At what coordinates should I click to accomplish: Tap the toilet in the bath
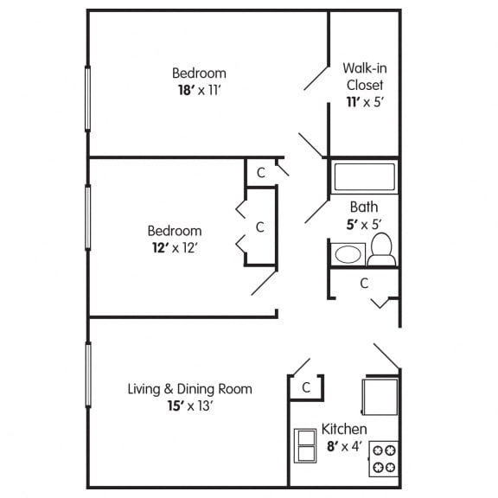[381, 250]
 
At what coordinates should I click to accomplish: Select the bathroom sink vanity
[348, 254]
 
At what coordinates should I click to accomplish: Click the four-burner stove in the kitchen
[383, 457]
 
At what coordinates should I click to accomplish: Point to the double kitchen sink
[305, 445]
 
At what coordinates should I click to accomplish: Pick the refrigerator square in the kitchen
[380, 397]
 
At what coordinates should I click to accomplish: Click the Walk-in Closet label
[363, 76]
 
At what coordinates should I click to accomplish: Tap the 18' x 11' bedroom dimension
[199, 90]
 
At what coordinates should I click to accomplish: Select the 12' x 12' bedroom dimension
[175, 247]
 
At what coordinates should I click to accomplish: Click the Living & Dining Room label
[190, 388]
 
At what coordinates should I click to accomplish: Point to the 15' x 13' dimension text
[190, 405]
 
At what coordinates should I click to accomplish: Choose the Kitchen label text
[344, 429]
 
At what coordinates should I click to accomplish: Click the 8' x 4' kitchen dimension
[344, 446]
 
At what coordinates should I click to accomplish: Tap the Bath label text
[363, 207]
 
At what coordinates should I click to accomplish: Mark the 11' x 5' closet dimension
[363, 102]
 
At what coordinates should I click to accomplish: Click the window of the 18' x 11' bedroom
[87, 98]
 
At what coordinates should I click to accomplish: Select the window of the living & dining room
[87, 374]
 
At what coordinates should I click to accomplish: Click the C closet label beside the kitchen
[306, 388]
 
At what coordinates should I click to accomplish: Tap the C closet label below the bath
[364, 283]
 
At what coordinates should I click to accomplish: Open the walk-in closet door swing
[315, 75]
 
